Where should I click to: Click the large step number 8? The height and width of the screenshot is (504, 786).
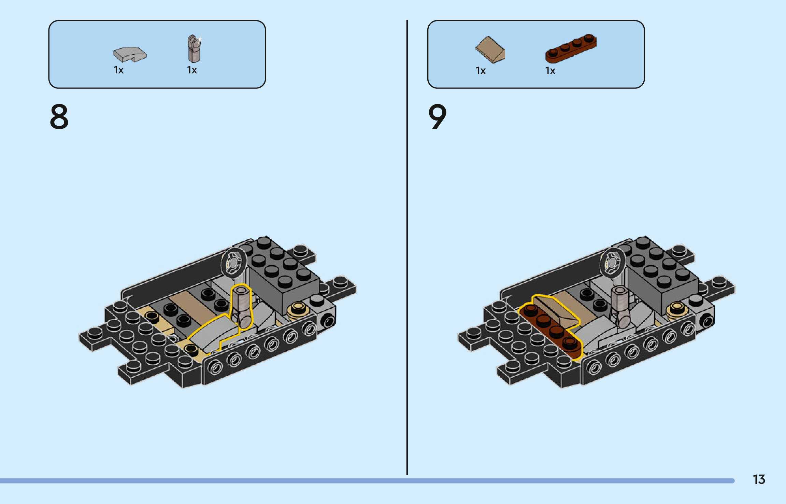pos(59,117)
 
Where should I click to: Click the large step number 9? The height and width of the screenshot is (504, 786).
pos(437,117)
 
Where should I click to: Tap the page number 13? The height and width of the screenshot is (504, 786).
pos(759,479)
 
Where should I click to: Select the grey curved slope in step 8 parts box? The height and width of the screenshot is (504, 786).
pos(130,54)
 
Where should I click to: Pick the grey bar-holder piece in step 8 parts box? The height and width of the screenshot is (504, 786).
pos(194,48)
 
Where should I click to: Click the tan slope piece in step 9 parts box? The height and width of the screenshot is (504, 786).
pos(490,50)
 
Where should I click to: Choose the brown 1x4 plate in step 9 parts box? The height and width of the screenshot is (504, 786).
pos(571,48)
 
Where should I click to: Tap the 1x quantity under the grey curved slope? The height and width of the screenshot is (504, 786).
pos(118,70)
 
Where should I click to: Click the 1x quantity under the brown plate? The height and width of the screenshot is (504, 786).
pos(550,71)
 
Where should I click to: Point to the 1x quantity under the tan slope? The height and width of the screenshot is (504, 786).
pos(481,71)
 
